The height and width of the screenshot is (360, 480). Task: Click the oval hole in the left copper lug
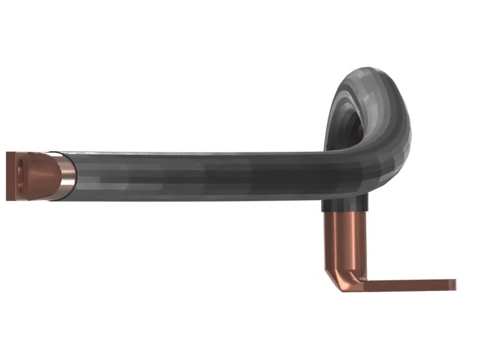(22, 174)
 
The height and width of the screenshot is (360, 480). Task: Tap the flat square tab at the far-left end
(13, 176)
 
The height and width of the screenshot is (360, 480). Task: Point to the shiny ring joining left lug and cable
(65, 175)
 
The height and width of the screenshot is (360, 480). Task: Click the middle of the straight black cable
(198, 175)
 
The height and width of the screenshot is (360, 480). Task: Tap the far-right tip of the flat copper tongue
(454, 284)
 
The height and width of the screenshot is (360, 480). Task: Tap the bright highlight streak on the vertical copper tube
(357, 240)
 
